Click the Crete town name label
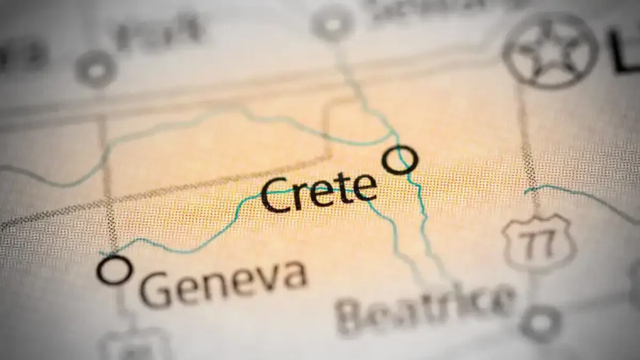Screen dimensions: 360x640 pyautogui.click(x=318, y=194)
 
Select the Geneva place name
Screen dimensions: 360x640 pyautogui.click(x=225, y=283)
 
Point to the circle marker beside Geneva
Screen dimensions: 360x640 pyautogui.click(x=114, y=270)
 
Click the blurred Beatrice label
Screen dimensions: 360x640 pyautogui.click(x=427, y=310)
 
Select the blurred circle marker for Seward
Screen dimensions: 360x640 pyautogui.click(x=333, y=23)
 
